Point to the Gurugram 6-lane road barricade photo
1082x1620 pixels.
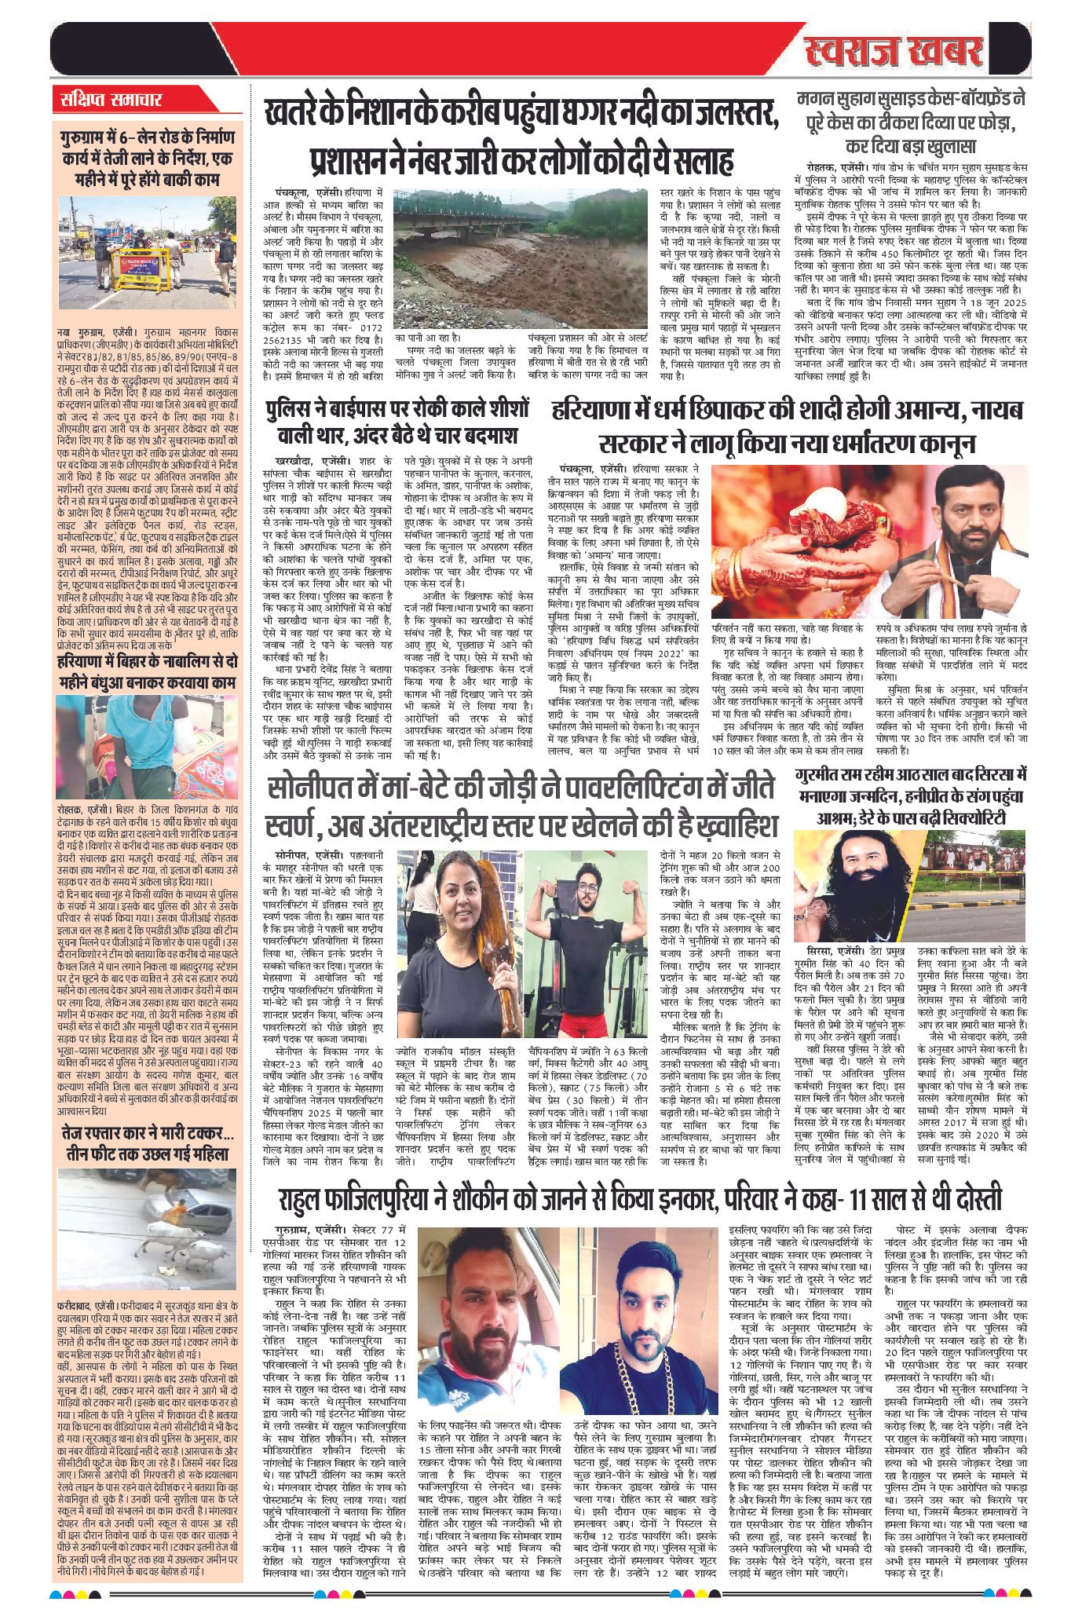(137, 243)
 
